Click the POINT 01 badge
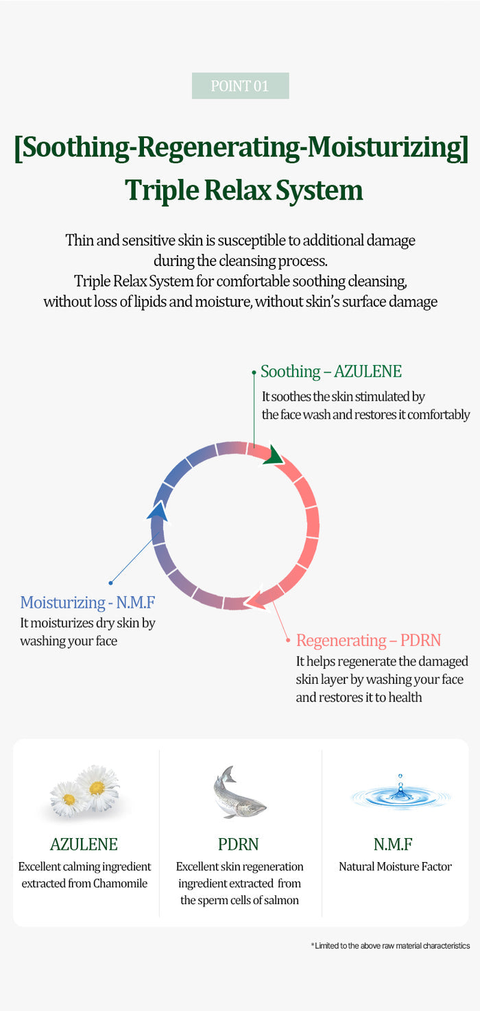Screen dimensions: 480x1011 pyautogui.click(x=241, y=86)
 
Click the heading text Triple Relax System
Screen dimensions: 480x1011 pyautogui.click(x=243, y=190)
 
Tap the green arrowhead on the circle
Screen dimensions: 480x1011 pyautogui.click(x=274, y=455)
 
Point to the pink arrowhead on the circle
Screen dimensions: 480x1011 pyautogui.click(x=255, y=599)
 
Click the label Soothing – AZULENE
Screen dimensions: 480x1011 pyautogui.click(x=331, y=372)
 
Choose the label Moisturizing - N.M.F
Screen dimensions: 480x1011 pyautogui.click(x=88, y=602)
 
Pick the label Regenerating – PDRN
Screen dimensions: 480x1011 pyautogui.click(x=369, y=640)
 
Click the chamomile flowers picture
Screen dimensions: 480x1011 pyautogui.click(x=85, y=791)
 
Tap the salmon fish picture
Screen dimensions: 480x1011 pyautogui.click(x=239, y=792)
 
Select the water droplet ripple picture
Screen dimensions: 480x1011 pyautogui.click(x=400, y=792)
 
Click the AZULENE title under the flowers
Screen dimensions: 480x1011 pyautogui.click(x=84, y=844)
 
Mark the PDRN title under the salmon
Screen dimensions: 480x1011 pyautogui.click(x=239, y=844)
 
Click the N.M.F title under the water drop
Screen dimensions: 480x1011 pyautogui.click(x=393, y=844)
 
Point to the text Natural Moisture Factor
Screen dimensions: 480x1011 pyautogui.click(x=395, y=866)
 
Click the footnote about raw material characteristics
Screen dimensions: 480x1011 pyautogui.click(x=391, y=946)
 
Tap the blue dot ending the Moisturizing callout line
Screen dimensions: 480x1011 pyautogui.click(x=110, y=583)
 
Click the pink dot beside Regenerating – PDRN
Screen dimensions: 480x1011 pyautogui.click(x=288, y=640)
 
